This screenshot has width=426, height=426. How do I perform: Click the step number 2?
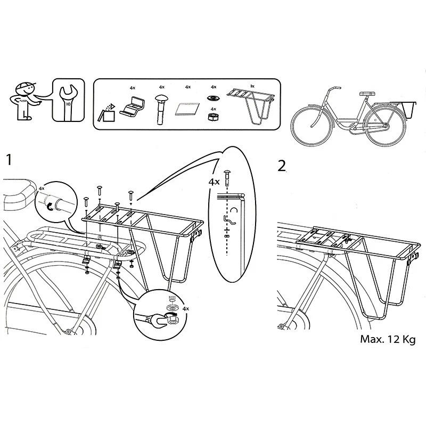(x=283, y=165)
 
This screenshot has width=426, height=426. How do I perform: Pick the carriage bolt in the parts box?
(x=161, y=108)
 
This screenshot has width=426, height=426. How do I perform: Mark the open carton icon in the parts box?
(x=107, y=112)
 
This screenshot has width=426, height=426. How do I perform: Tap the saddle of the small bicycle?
(x=367, y=93)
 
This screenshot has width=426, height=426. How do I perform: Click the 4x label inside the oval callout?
(x=215, y=182)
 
